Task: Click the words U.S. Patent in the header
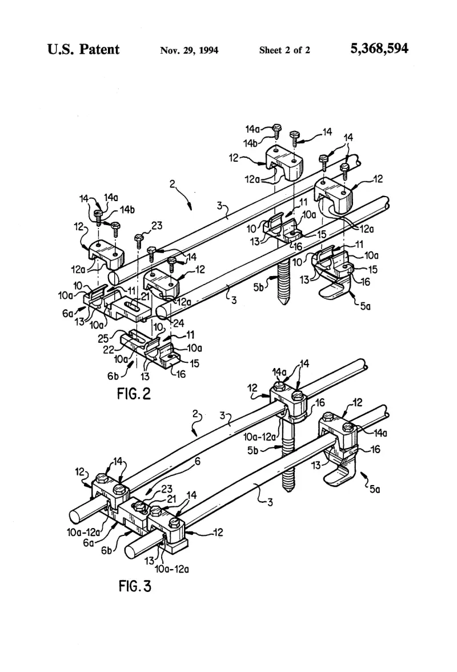click(x=83, y=49)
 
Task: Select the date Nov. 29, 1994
click(x=189, y=50)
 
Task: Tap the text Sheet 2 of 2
click(x=284, y=50)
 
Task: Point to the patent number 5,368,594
click(x=379, y=49)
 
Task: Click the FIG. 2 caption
click(x=134, y=393)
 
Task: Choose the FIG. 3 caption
click(x=135, y=586)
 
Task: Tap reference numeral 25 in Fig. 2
click(x=103, y=338)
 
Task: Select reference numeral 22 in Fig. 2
click(x=108, y=350)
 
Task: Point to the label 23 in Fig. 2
click(x=157, y=225)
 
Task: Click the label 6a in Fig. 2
click(x=67, y=314)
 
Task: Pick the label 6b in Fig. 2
click(x=113, y=376)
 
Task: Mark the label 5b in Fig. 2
click(x=259, y=287)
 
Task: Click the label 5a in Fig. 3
click(x=375, y=489)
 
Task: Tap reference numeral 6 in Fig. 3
click(x=198, y=461)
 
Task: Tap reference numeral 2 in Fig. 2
click(x=172, y=184)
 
